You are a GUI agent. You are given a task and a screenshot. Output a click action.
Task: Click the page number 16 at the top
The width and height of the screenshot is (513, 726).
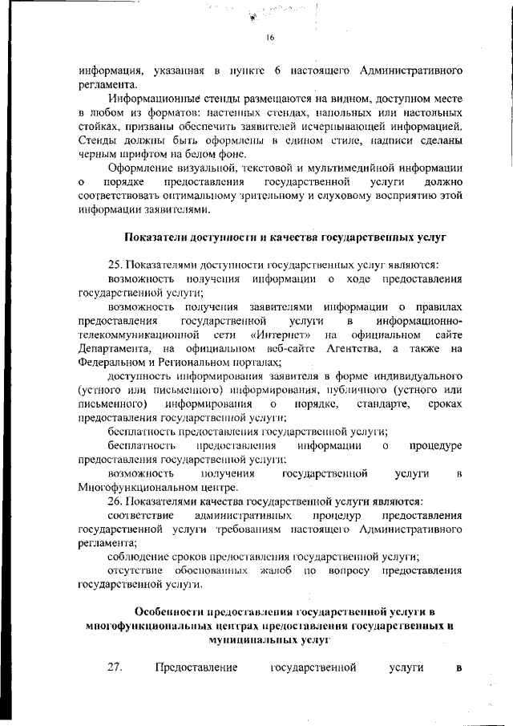click(270, 37)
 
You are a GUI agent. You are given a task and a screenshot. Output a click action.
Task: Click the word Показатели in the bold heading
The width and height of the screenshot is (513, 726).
click(163, 238)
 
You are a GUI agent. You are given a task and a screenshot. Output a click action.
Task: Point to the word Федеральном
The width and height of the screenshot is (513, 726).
click(115, 363)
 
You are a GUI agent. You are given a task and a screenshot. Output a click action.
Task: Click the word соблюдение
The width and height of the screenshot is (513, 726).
click(139, 557)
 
